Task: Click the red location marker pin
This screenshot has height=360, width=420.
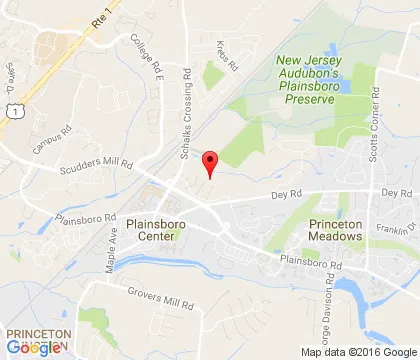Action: (x=209, y=164)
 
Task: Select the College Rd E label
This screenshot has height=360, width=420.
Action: (x=145, y=55)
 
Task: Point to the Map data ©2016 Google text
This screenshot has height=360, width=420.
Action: (x=358, y=352)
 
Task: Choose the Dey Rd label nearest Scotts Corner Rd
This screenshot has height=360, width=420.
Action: (x=396, y=192)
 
